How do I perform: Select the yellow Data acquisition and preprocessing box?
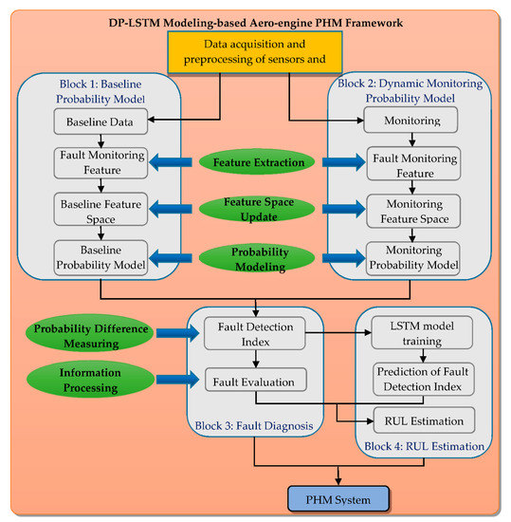click(254, 53)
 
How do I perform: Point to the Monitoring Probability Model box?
click(412, 256)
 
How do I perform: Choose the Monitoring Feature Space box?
click(412, 211)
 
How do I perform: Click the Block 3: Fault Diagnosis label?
click(260, 426)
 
